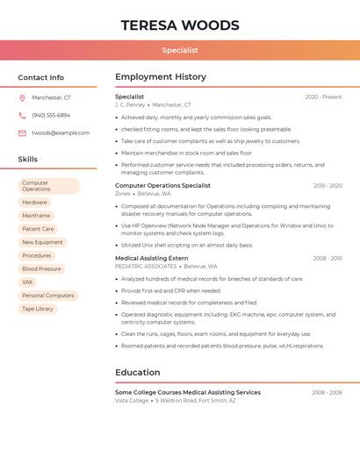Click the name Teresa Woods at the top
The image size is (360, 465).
pos(180,25)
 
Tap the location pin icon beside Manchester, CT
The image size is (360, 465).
pos(22,98)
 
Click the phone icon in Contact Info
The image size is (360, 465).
pos(22,116)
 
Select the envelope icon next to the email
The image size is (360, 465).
pos(22,133)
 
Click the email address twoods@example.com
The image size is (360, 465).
pos(61,133)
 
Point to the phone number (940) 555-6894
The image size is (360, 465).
pos(51,116)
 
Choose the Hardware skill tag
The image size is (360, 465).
pos(35,203)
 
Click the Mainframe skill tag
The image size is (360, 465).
pos(36,216)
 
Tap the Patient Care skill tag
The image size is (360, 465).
pos(38,229)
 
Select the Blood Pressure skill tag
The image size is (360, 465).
pos(41,269)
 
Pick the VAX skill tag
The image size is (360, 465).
pos(27,283)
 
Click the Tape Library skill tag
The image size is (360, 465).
pos(38,309)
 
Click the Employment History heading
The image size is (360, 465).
pos(161,77)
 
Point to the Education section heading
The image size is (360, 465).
pos(138,373)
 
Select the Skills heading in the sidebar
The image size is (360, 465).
pos(28,160)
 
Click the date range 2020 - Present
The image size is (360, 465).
pos(323,97)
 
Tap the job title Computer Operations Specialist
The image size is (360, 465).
pos(162,186)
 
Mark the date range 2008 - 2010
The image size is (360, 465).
pos(327,259)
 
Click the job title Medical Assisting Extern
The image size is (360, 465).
pos(151,259)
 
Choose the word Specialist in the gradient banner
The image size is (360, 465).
pos(180,51)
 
